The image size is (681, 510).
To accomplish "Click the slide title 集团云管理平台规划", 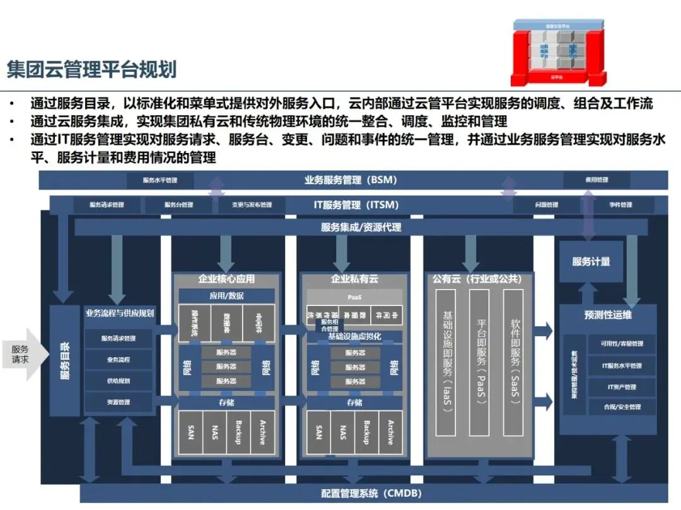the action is (x=91, y=69).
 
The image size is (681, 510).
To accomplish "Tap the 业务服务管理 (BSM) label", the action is (x=351, y=180).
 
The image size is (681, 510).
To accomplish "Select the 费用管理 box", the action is (x=596, y=180).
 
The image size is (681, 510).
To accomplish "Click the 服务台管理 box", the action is (x=178, y=205).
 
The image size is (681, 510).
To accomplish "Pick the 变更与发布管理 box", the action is (x=251, y=205).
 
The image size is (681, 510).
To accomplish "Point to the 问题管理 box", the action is (x=546, y=205).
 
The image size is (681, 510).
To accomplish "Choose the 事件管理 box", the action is (x=620, y=205).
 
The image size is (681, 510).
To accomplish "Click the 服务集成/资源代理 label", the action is (x=361, y=227).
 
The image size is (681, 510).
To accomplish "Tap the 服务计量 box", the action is (x=591, y=261).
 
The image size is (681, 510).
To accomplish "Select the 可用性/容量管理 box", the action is (x=622, y=344).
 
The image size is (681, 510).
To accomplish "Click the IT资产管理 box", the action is (x=622, y=387).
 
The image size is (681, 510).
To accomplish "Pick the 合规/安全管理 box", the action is (x=622, y=407).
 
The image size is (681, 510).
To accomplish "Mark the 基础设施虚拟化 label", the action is (x=355, y=337).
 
